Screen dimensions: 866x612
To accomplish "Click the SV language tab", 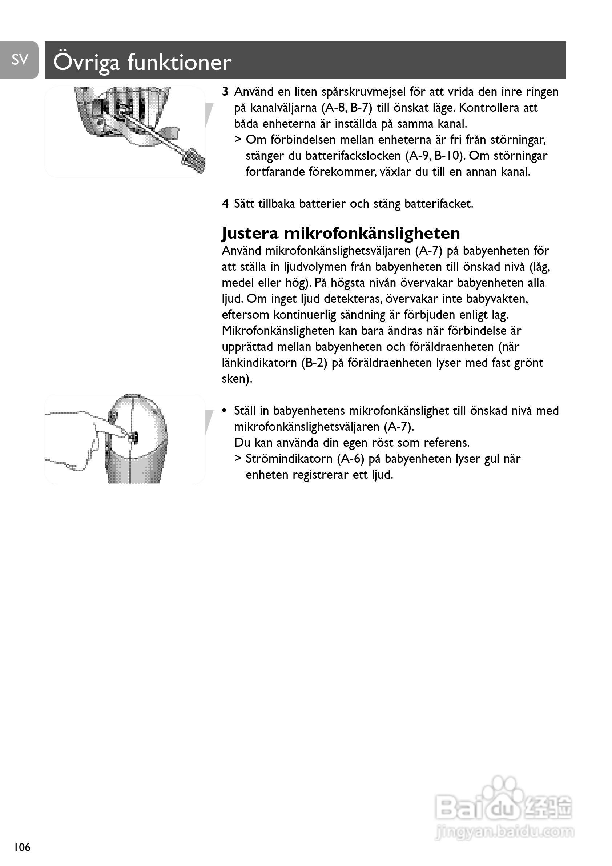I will point(20,60).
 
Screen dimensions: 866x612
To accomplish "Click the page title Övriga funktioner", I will point(142,62).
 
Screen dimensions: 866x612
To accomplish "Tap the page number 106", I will point(22,847).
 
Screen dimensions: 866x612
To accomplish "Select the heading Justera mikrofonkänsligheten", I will point(341,233).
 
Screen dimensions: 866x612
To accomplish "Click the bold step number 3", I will point(225,92).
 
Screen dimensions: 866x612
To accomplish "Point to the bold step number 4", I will point(225,204).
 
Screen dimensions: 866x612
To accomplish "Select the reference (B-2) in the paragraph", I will point(314,363).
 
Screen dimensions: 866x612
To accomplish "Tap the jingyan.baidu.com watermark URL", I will point(504,831).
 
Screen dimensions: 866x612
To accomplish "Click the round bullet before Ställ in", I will point(225,411).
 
